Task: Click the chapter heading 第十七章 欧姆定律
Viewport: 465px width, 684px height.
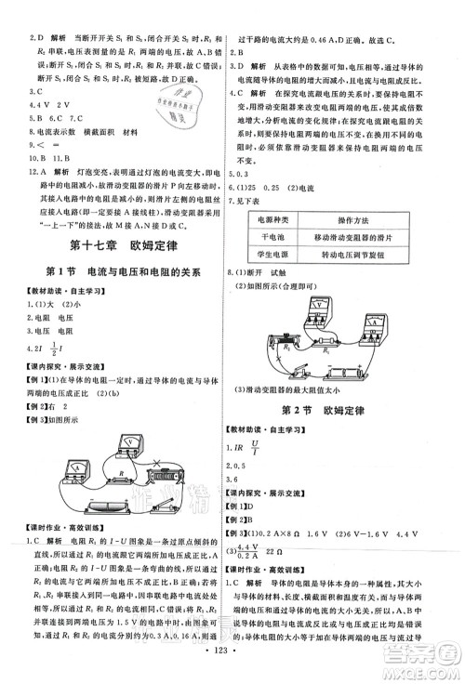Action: point(118,245)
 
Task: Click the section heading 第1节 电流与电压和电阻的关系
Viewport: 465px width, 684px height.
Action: point(118,275)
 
